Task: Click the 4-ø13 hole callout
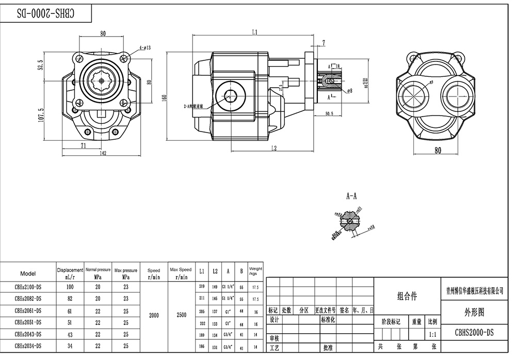[x=145, y=48]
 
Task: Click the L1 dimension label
[x=254, y=32]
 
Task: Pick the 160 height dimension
[x=165, y=99]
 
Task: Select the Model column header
[x=28, y=273]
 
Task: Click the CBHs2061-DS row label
[x=28, y=311]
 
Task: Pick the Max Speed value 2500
[x=181, y=315]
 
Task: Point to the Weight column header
[x=255, y=271]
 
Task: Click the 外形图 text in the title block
[x=474, y=312]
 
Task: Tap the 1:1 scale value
[x=432, y=335]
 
